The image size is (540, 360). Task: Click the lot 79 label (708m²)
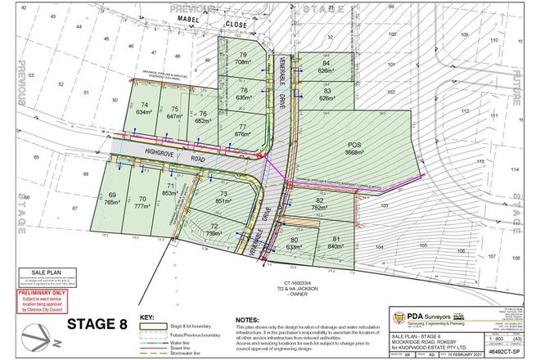pyautogui.click(x=242, y=58)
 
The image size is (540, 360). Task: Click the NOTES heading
pyautogui.click(x=249, y=317)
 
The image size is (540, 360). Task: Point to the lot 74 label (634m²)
pyautogui.click(x=145, y=109)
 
